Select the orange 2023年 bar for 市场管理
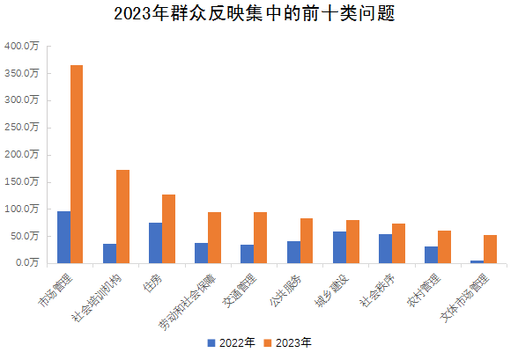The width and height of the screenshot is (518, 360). click(x=77, y=164)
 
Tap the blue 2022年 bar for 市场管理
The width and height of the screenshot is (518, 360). click(x=63, y=237)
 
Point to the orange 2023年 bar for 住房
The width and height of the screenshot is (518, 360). click(x=168, y=228)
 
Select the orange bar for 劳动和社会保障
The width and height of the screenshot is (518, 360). click(x=214, y=237)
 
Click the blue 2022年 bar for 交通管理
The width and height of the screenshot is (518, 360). click(x=247, y=253)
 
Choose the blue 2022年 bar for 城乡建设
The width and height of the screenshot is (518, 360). click(x=339, y=246)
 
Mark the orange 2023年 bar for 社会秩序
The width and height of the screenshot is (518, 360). click(x=398, y=243)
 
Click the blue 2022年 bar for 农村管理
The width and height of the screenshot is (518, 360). click(x=431, y=254)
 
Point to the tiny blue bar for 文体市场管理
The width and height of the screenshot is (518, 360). click(x=477, y=261)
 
